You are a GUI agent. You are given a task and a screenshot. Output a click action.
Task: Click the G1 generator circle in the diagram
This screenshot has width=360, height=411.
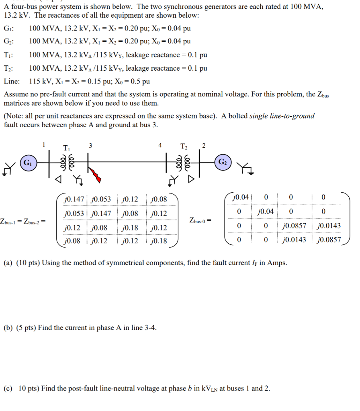28,163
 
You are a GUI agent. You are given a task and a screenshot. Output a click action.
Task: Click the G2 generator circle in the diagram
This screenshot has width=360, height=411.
223,162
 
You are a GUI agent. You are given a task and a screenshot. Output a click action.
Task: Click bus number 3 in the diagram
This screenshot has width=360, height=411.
90,146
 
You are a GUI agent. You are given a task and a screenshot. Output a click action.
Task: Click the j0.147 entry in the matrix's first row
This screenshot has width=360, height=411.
74,199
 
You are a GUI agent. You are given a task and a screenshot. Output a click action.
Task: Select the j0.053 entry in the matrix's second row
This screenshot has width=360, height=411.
74,214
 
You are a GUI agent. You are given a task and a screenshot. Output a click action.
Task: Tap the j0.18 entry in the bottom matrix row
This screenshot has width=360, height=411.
159,241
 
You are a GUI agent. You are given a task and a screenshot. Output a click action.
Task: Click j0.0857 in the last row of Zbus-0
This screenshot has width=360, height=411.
329,240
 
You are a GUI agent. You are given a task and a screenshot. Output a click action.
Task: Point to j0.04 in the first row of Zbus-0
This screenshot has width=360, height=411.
241,197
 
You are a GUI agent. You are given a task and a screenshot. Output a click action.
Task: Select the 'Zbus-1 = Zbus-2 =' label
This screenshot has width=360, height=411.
23,221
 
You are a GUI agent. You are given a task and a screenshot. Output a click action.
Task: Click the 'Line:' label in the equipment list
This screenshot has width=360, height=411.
12,81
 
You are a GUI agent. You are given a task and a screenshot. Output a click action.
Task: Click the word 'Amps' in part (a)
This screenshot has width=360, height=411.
278,263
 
